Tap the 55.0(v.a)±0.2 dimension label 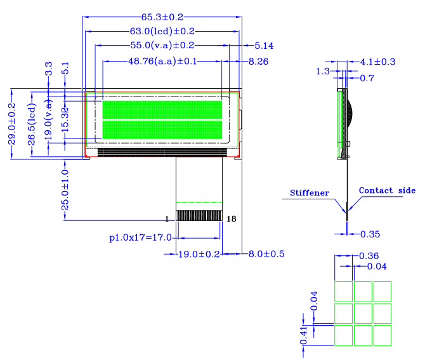[162, 45]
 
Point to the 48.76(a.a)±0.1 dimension [163, 61]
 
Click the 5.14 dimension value [264, 46]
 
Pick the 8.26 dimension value [259, 62]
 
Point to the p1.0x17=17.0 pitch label [140, 238]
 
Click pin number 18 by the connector [231, 219]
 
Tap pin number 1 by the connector [167, 219]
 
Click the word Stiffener [310, 192]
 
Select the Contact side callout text [387, 190]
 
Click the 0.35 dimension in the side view [370, 234]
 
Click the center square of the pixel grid [363, 312]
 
